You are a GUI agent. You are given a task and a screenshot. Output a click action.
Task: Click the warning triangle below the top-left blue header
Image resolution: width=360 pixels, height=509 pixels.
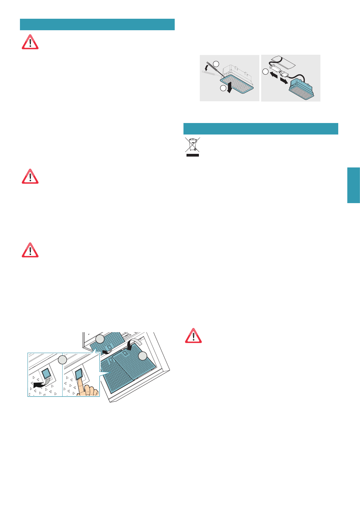[30, 42]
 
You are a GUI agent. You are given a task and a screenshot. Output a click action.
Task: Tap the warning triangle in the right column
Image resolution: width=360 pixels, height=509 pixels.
[193, 336]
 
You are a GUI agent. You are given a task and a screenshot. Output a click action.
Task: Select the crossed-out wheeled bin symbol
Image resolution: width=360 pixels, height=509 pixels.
[193, 145]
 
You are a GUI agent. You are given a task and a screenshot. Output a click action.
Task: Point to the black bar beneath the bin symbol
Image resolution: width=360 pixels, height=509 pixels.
[193, 155]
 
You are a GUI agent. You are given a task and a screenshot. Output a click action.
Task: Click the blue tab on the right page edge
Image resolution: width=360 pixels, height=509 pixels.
[353, 185]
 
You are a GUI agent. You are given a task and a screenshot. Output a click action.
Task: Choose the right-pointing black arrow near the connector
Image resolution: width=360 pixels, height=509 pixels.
[284, 81]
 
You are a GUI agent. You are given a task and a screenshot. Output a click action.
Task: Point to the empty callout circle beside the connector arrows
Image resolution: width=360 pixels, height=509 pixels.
[265, 72]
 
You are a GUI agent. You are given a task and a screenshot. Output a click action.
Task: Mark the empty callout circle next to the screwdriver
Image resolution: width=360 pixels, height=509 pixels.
[216, 63]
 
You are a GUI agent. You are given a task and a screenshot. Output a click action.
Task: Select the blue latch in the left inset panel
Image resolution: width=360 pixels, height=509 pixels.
[47, 374]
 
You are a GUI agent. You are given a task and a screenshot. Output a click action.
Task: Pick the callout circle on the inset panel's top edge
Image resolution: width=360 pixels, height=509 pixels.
[62, 360]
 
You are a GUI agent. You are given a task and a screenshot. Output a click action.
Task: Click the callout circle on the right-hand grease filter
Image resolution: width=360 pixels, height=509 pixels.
[143, 356]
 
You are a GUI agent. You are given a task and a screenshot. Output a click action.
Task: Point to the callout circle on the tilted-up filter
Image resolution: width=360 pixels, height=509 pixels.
[100, 339]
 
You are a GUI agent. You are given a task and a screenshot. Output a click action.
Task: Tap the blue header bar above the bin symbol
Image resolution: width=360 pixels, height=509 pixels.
[261, 128]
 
